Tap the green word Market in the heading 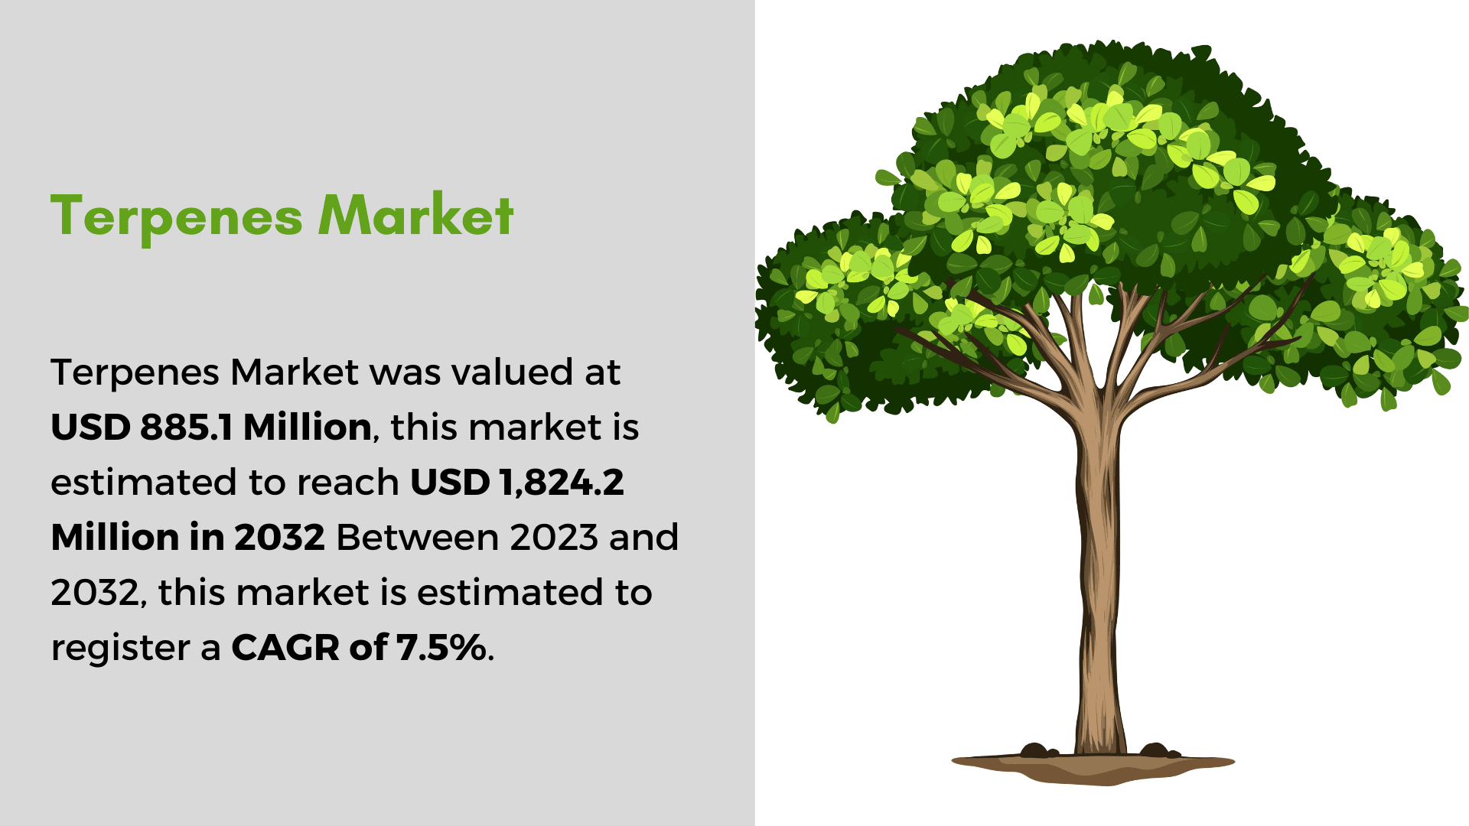[x=416, y=215]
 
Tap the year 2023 [x=554, y=537]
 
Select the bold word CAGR [x=285, y=648]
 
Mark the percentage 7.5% [x=441, y=648]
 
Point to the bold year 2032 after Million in [x=279, y=537]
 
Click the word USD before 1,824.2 [x=450, y=483]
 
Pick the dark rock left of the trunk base [x=1036, y=750]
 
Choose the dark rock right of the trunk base [x=1155, y=750]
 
